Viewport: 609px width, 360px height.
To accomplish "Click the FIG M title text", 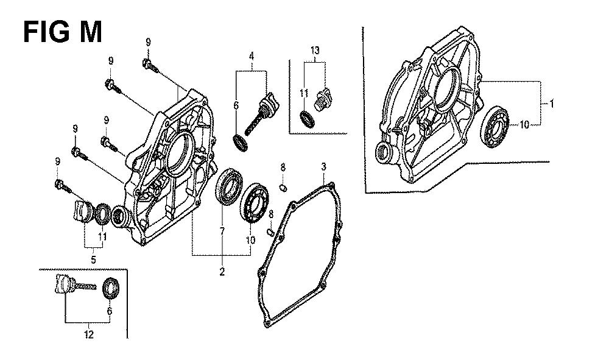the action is click(63, 32).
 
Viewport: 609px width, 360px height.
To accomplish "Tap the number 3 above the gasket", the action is click(323, 168).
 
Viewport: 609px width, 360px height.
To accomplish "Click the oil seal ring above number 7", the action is click(229, 186).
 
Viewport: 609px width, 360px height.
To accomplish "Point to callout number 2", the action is click(222, 272).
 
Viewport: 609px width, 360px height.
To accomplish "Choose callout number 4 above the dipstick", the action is click(252, 56).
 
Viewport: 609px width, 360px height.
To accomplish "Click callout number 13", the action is click(315, 50).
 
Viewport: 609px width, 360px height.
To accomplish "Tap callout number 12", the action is click(89, 334).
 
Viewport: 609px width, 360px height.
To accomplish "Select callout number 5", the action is click(93, 260).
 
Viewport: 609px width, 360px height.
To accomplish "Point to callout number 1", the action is click(551, 104).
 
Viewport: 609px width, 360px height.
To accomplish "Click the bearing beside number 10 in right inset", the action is click(494, 127).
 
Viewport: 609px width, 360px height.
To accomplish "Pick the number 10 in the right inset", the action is click(524, 125).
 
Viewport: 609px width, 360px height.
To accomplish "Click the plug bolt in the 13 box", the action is click(322, 100).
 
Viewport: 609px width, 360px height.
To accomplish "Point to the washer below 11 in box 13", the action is click(308, 119).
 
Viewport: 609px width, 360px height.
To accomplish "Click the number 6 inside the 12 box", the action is click(110, 311).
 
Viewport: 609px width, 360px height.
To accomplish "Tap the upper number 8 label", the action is click(283, 168).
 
